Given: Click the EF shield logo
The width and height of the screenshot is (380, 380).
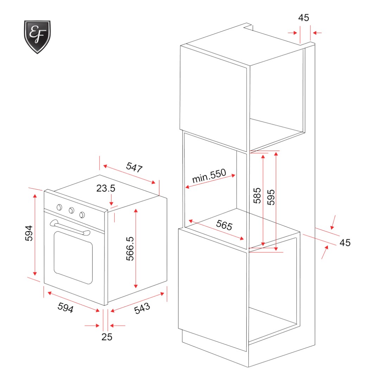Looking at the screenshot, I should click(37, 37).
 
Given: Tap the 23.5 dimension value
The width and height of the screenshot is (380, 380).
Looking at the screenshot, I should click(106, 189).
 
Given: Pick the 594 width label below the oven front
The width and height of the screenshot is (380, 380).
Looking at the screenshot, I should click(66, 308).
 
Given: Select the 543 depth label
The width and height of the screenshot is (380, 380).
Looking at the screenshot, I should click(142, 308).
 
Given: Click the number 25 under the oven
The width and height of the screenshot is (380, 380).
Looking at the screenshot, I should click(107, 337).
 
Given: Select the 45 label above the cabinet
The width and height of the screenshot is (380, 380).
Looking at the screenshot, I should click(304, 18).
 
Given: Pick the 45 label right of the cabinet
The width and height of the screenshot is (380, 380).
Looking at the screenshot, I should click(345, 242).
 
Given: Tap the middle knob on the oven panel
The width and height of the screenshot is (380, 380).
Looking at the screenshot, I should click(71, 210).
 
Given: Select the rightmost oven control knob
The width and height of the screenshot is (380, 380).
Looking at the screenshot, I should click(83, 214).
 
